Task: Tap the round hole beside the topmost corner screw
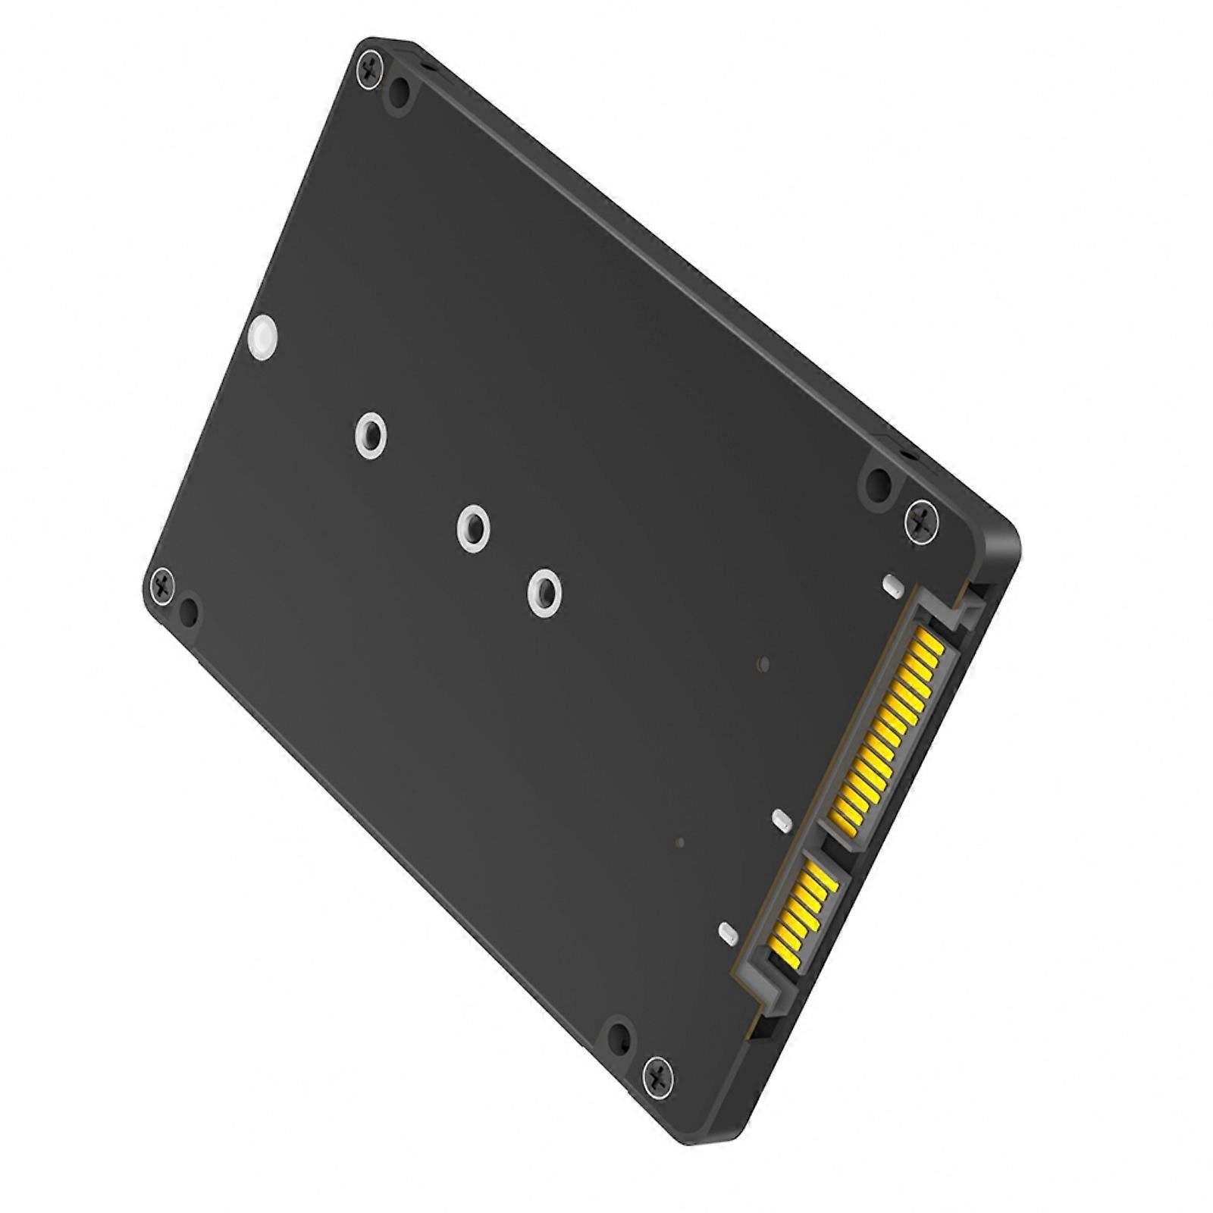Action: point(399,94)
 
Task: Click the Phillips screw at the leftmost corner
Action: point(162,583)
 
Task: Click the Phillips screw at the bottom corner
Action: point(657,1074)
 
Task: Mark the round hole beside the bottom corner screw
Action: point(619,1036)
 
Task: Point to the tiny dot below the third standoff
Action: point(763,665)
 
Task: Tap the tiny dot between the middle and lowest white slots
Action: point(680,843)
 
